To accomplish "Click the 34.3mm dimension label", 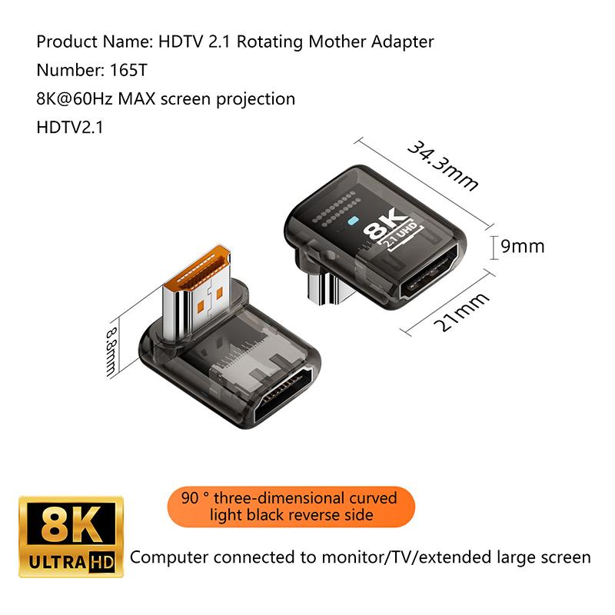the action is [x=443, y=165].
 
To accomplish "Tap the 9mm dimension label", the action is [x=523, y=247].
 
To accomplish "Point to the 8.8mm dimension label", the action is [x=111, y=352].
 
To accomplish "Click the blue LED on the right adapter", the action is [x=353, y=221].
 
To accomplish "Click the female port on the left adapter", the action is [x=283, y=394].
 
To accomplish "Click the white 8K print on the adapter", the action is [x=386, y=224].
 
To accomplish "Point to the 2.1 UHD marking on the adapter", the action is [x=401, y=237].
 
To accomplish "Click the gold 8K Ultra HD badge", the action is [x=71, y=537].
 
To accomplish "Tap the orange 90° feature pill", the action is [x=291, y=507].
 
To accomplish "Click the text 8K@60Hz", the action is [x=75, y=99].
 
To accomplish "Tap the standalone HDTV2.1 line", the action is [x=70, y=128].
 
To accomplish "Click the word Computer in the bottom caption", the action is [x=169, y=558].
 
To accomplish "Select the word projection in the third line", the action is [x=256, y=100].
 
